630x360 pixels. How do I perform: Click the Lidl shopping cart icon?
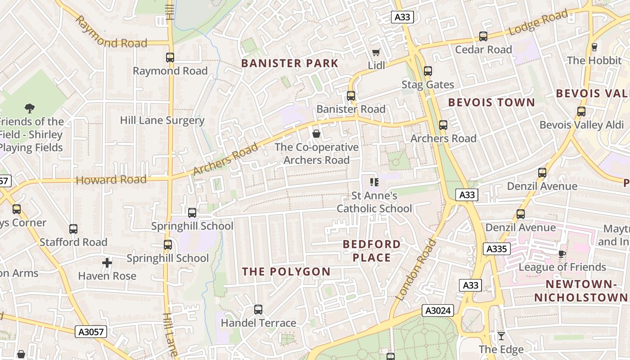[376, 52]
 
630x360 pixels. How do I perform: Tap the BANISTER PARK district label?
[289, 63]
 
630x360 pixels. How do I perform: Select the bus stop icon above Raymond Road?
[170, 57]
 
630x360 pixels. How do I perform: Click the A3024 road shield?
[438, 310]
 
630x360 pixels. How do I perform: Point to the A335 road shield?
[497, 249]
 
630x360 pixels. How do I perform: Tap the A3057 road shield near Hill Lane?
[91, 332]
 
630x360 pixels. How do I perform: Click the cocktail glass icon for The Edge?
[501, 336]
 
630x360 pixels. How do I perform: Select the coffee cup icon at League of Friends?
[562, 254]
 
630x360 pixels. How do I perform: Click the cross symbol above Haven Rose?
[107, 262]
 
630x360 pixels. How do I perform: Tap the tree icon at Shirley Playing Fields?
[30, 108]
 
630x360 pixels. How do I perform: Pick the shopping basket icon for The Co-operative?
[316, 134]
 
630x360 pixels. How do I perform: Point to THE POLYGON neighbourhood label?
[286, 271]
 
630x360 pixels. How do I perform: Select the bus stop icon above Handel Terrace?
[258, 310]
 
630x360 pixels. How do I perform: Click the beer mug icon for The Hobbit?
[594, 47]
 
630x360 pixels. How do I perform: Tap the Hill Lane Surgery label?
[162, 120]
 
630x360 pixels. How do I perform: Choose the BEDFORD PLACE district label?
[372, 251]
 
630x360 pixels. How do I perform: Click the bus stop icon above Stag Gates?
[427, 71]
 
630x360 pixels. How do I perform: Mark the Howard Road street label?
[111, 180]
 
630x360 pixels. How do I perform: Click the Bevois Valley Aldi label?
[581, 125]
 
